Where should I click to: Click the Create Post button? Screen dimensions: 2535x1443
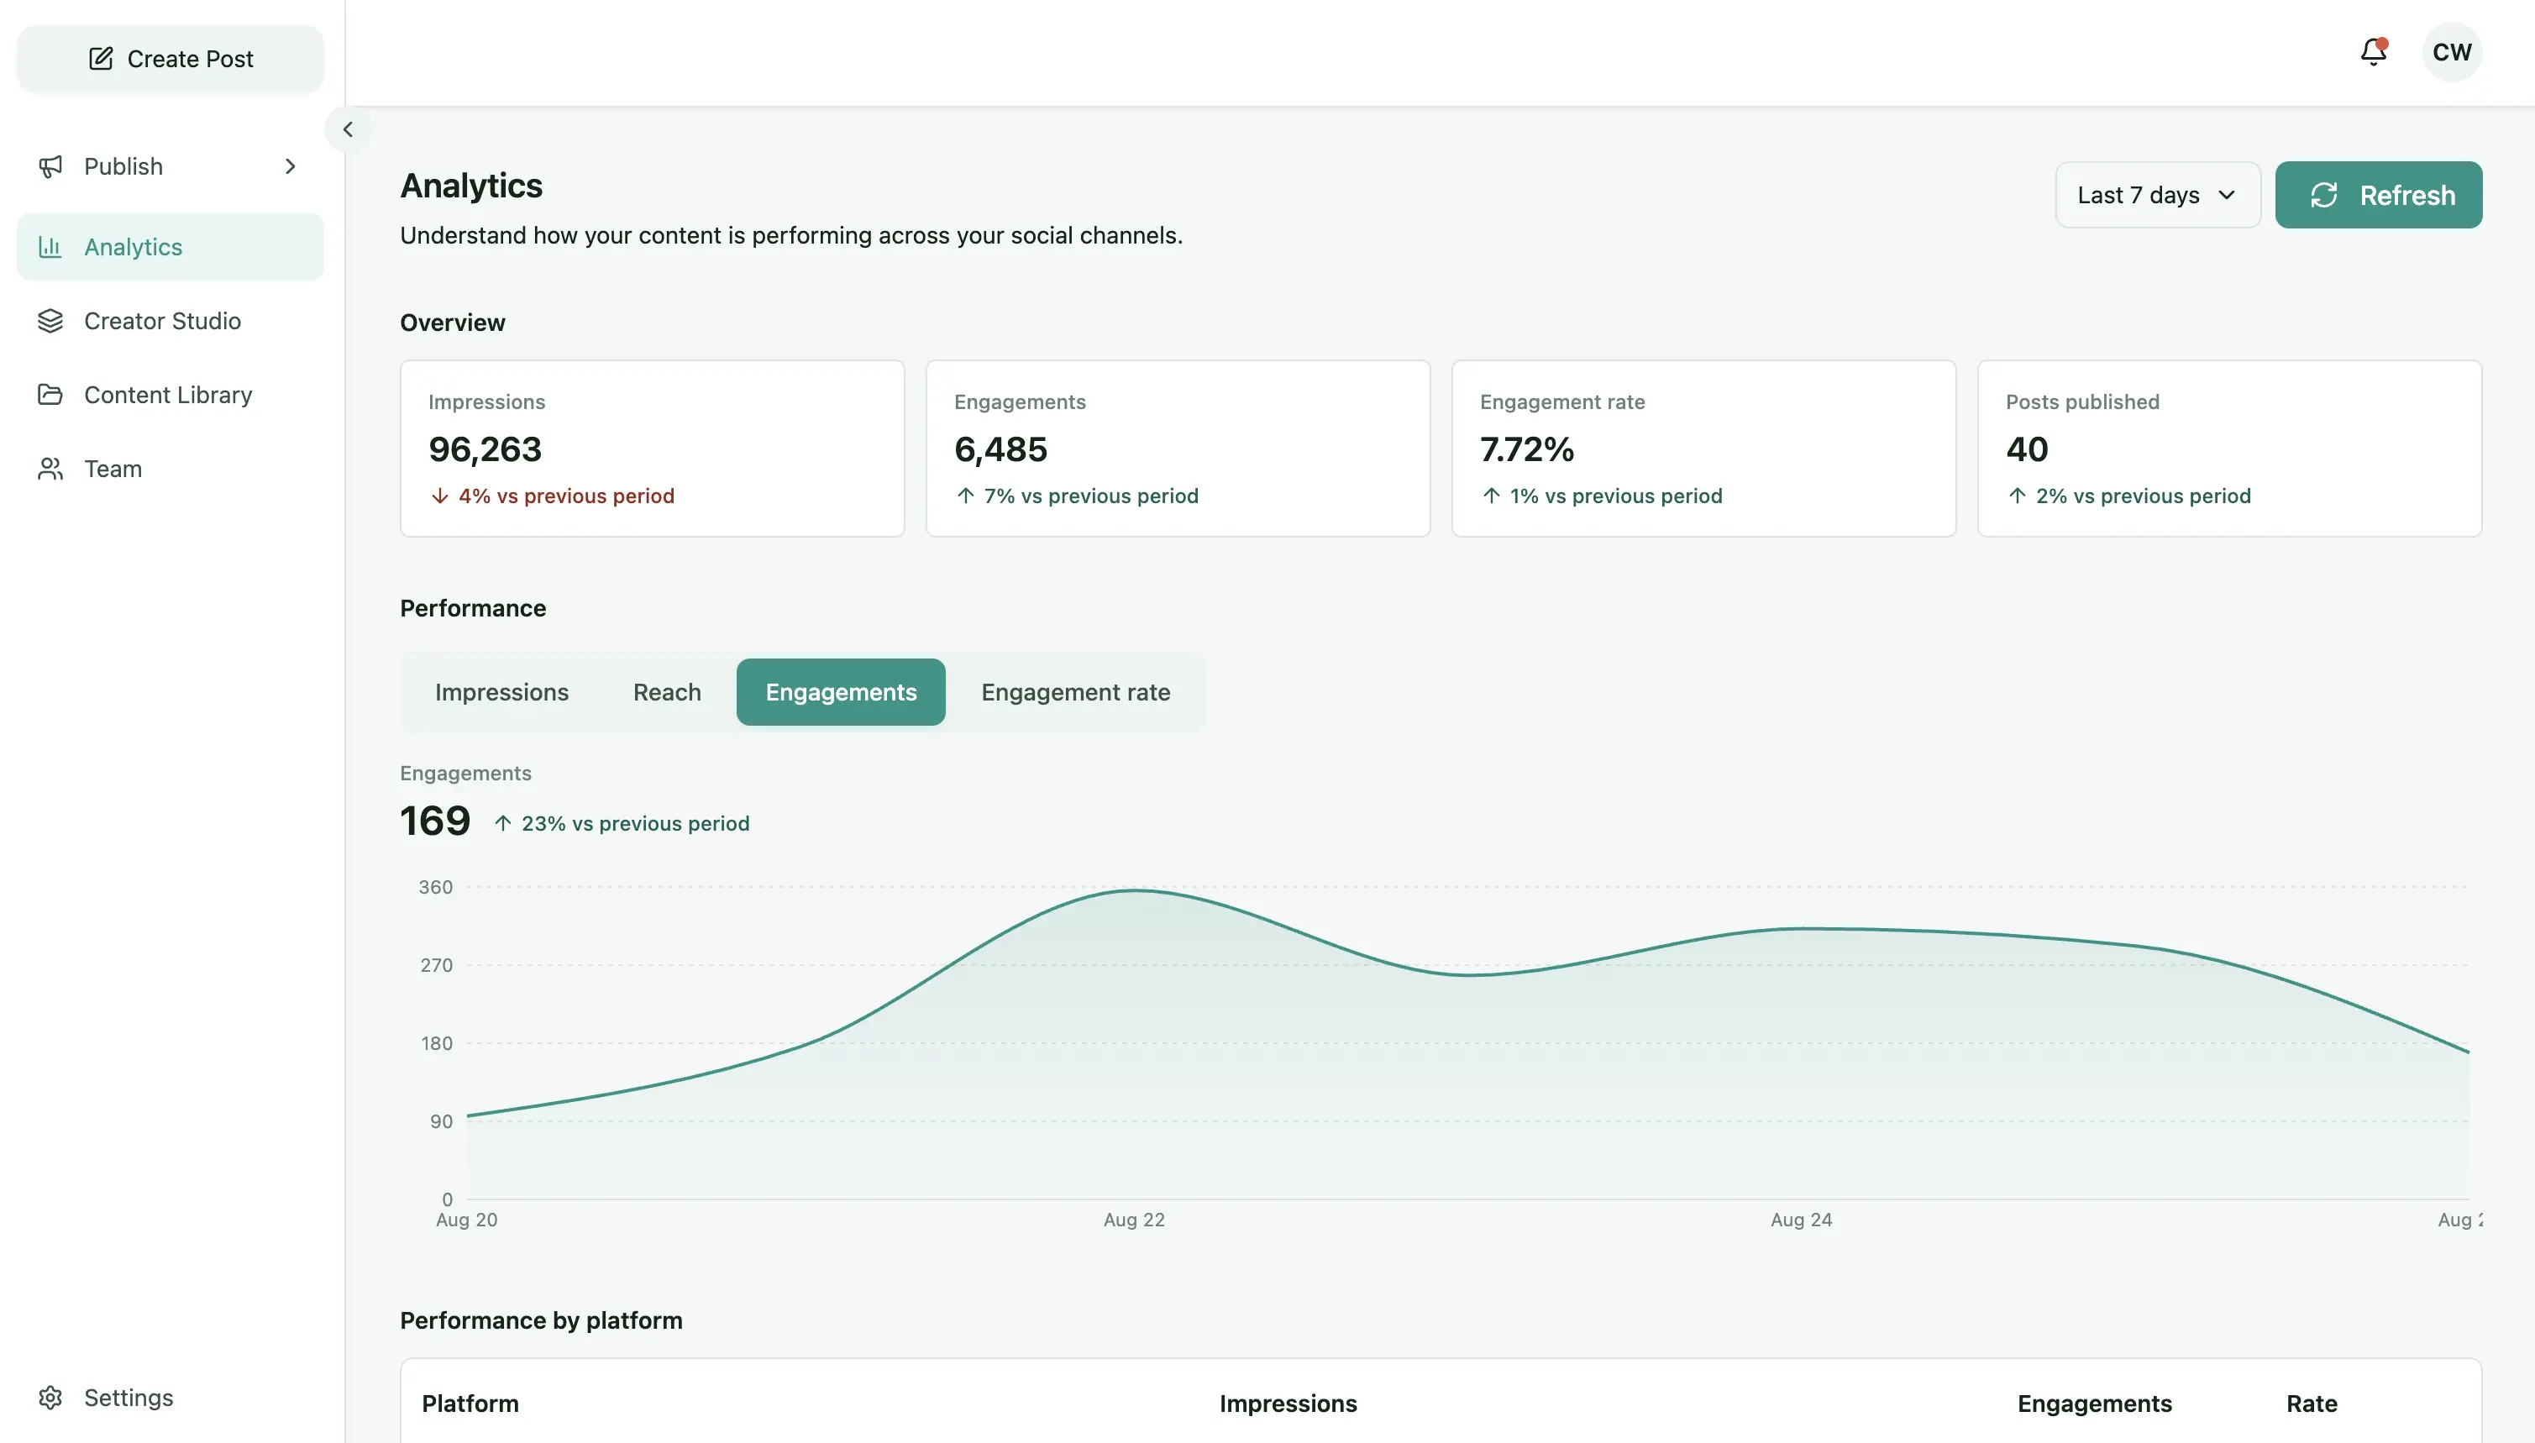coord(171,59)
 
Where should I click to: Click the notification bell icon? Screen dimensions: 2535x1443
coord(2374,51)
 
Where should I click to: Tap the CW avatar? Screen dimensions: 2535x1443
coord(2452,51)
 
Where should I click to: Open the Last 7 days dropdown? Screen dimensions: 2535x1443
coord(2157,195)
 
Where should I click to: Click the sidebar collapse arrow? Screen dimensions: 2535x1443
coord(348,129)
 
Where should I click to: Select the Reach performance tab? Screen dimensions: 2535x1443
coord(667,692)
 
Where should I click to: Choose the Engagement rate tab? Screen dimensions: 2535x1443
coord(1075,692)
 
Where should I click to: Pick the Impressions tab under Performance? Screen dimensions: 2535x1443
coord(501,692)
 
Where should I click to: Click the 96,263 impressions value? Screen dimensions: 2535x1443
coord(485,450)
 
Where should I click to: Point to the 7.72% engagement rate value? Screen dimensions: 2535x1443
coord(1526,450)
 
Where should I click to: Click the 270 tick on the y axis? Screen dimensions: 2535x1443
coord(436,965)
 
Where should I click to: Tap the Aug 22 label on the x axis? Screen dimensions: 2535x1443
coord(1134,1220)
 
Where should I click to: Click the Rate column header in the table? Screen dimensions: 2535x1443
coord(2311,1404)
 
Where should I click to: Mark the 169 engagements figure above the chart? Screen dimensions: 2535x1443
coord(435,821)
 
